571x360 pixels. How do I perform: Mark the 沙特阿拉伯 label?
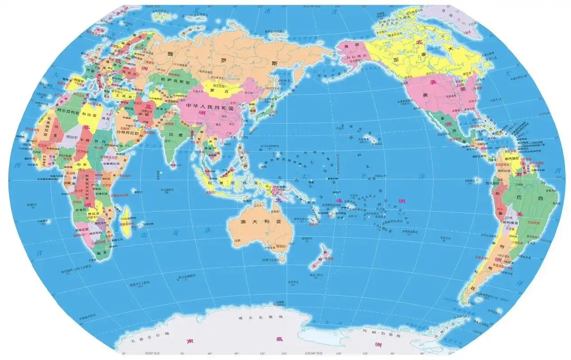[130, 133]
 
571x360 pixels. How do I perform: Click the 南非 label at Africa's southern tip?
[101, 253]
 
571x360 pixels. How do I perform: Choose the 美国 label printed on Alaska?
[350, 46]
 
